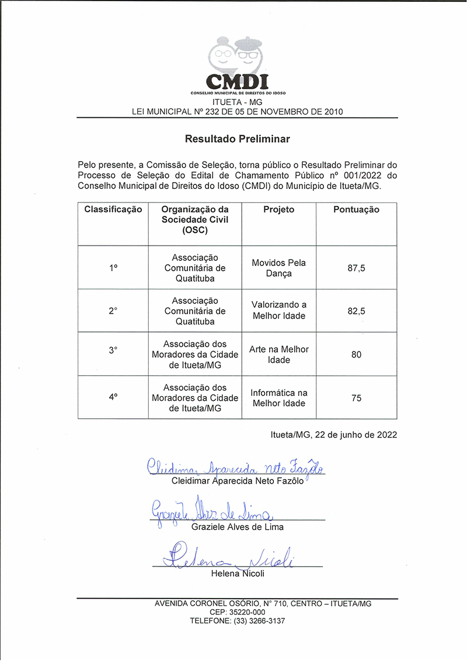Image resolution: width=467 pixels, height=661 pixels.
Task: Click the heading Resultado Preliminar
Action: (x=237, y=139)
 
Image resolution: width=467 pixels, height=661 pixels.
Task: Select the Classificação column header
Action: (x=113, y=209)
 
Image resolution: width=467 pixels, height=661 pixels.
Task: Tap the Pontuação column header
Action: (x=356, y=209)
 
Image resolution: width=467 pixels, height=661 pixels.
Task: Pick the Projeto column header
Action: (x=278, y=209)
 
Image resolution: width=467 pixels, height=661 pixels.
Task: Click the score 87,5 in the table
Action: (x=356, y=268)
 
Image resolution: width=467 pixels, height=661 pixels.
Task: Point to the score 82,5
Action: (x=356, y=311)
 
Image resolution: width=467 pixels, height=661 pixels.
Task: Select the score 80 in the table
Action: (x=356, y=354)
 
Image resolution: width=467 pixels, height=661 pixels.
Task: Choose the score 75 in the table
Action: (x=356, y=398)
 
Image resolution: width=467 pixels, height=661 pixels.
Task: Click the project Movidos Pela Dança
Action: (x=278, y=268)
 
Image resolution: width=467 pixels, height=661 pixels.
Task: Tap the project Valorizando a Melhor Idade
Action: (x=278, y=310)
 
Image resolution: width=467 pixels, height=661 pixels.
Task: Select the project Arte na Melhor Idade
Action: (x=278, y=354)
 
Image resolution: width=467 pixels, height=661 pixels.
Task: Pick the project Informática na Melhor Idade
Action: (x=278, y=398)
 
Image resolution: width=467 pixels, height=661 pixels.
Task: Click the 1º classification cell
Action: (x=113, y=268)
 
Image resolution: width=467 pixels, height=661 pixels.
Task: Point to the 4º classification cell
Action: (x=113, y=398)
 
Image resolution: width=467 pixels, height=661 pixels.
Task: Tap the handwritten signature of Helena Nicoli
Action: (x=228, y=557)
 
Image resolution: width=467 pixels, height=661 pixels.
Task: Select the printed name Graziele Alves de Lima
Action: (x=237, y=527)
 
